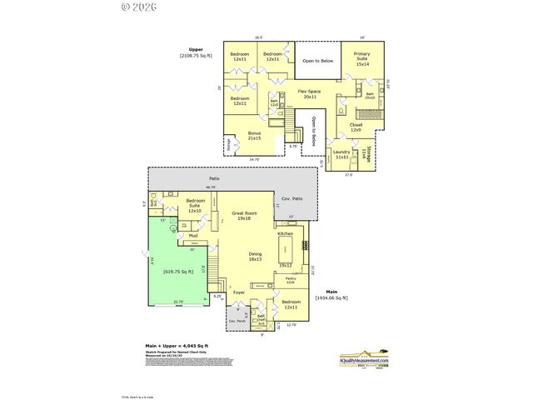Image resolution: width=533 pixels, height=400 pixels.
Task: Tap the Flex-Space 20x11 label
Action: click(309, 93)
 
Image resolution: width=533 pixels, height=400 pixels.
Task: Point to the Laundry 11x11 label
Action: click(341, 153)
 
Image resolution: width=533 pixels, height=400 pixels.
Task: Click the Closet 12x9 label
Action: click(355, 127)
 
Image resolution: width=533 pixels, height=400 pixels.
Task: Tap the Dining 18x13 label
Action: click(255, 257)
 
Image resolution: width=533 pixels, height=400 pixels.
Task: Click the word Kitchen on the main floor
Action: click(286, 234)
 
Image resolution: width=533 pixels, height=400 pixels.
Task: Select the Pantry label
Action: click(291, 280)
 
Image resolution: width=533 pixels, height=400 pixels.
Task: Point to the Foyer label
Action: click(239, 292)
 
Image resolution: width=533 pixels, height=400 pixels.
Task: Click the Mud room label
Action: click(192, 236)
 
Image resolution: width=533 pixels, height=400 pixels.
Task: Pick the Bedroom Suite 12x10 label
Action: click(197, 206)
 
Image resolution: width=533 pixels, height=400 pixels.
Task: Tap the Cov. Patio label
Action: click(291, 197)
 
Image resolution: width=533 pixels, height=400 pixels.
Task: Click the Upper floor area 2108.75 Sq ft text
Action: click(197, 52)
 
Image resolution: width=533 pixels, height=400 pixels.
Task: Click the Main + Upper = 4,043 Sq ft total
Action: click(172, 345)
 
